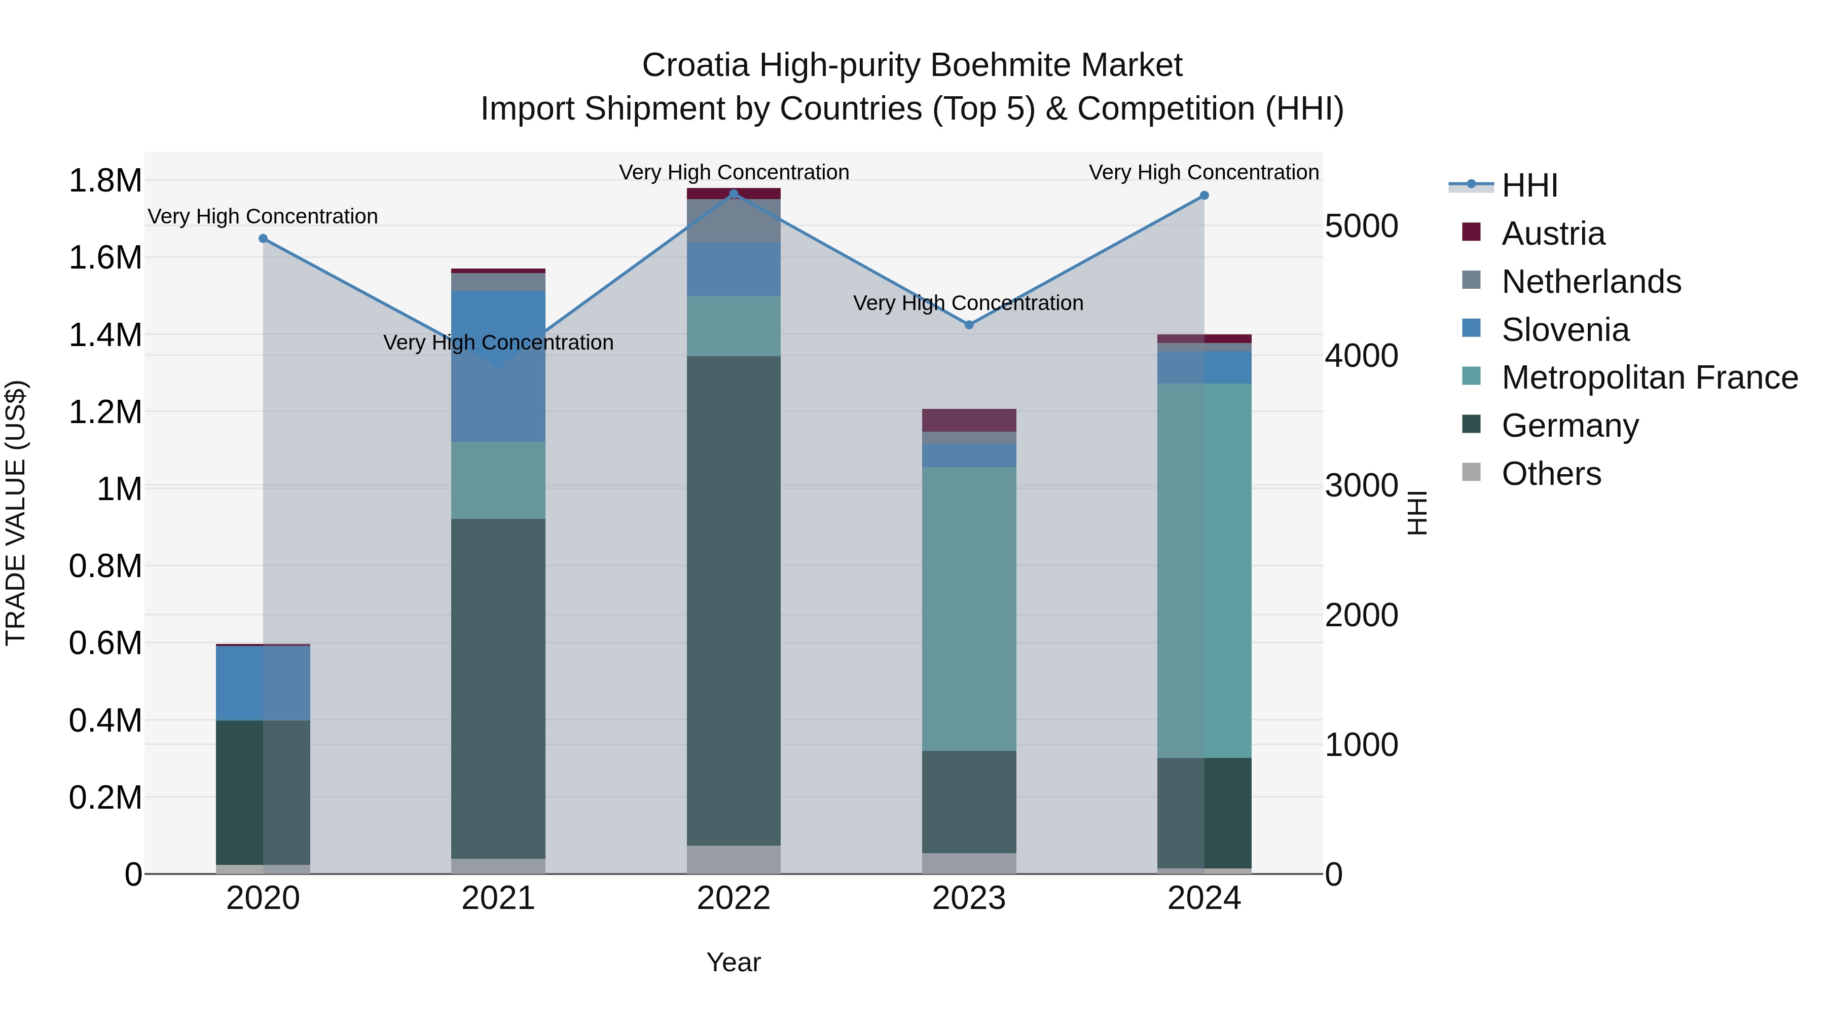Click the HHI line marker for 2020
coord(263,239)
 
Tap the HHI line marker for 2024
coord(1203,196)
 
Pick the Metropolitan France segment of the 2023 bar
coord(968,609)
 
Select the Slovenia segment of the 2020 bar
coord(263,683)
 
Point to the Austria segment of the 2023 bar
coord(968,420)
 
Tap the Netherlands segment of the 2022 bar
coord(733,221)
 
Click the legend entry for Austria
coord(1552,234)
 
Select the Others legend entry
coord(1551,474)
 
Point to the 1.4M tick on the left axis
coord(105,335)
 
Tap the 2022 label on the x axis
coord(733,898)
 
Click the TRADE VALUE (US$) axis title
coord(16,513)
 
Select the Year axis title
coord(733,962)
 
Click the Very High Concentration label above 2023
coord(968,303)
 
